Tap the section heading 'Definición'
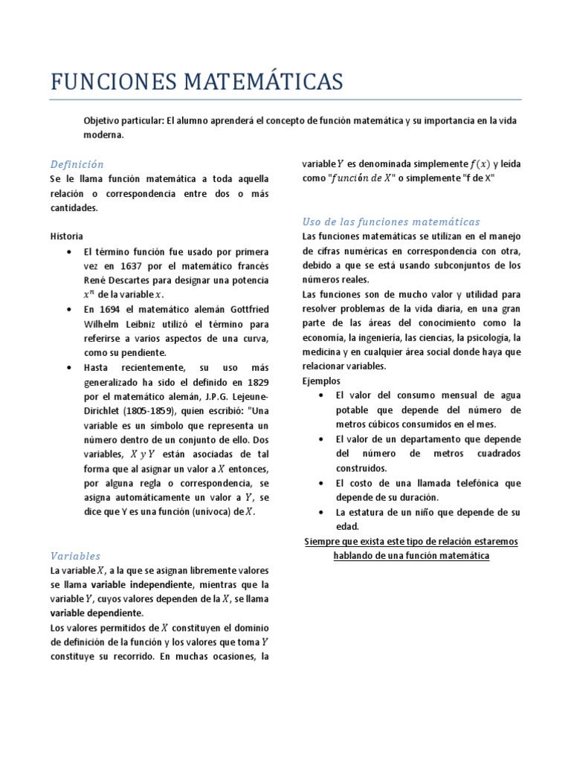[77, 164]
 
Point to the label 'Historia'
[66, 236]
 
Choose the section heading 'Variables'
[75, 556]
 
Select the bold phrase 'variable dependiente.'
[96, 612]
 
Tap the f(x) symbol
[480, 164]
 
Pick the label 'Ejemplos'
[321, 381]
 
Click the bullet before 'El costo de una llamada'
[319, 483]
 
